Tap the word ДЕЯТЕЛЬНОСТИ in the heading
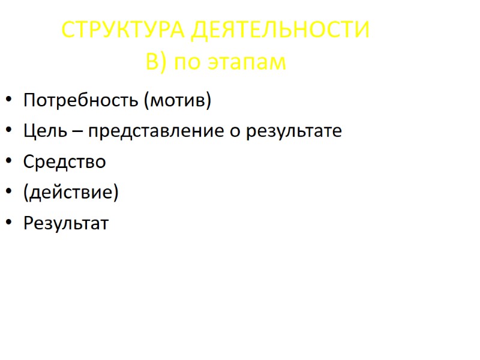coord(280,30)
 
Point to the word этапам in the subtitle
coord(247,62)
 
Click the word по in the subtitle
coord(188,62)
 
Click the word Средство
coord(64,161)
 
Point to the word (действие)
coord(71,193)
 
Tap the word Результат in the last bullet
coord(66,224)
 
